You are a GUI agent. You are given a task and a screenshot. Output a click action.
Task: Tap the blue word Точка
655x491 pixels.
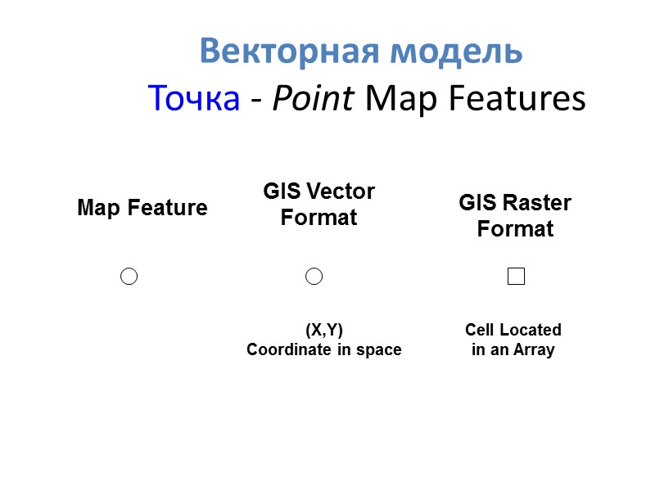pyautogui.click(x=194, y=100)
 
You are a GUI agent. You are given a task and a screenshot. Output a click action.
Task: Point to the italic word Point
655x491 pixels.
pyautogui.click(x=313, y=100)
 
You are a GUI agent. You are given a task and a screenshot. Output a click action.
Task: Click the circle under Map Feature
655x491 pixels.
pyautogui.click(x=129, y=277)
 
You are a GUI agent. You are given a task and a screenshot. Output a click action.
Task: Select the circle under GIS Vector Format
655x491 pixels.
pyautogui.click(x=314, y=277)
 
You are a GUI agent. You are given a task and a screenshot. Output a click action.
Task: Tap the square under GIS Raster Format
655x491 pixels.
pyautogui.click(x=516, y=277)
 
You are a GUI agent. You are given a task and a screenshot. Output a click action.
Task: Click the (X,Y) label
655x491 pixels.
pyautogui.click(x=324, y=330)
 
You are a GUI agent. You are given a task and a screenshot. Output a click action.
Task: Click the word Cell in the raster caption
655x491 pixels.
pyautogui.click(x=480, y=330)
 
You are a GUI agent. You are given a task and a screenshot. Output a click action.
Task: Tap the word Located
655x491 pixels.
pyautogui.click(x=531, y=330)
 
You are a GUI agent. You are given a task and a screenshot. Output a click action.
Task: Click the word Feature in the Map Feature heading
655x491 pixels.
pyautogui.click(x=170, y=208)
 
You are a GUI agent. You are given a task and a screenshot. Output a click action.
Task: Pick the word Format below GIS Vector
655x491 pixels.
pyautogui.click(x=319, y=218)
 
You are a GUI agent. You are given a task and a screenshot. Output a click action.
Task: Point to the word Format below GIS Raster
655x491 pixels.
pyautogui.click(x=516, y=229)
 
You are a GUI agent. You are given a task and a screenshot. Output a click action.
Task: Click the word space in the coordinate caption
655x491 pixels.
pyautogui.click(x=380, y=350)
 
